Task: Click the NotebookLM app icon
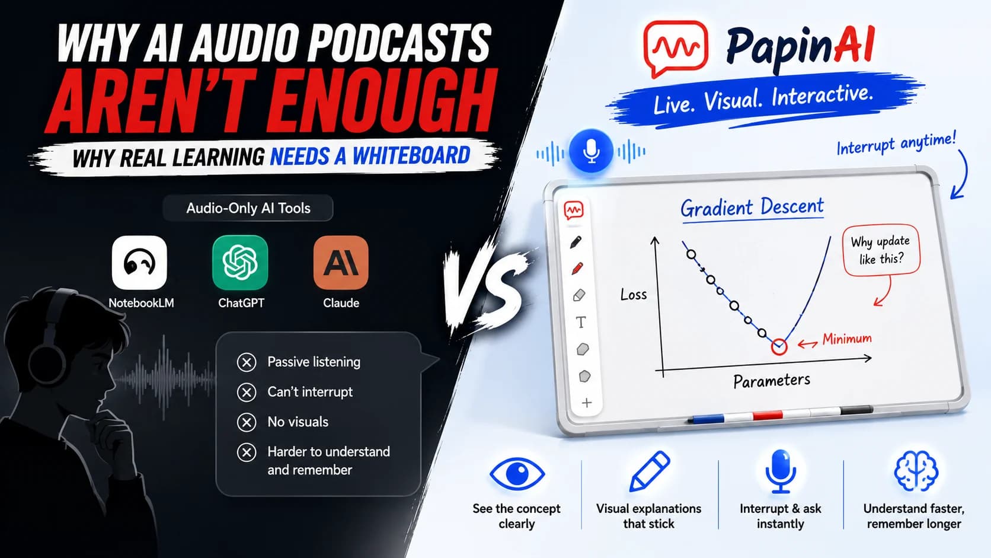tap(139, 263)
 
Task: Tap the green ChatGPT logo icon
tap(240, 263)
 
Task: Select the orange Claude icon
tap(341, 263)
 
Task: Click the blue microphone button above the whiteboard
tap(591, 151)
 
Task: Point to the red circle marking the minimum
tap(779, 347)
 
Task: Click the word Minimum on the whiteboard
tap(847, 339)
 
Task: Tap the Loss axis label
tap(634, 294)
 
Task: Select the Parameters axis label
tap(772, 381)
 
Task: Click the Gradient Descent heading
tap(752, 208)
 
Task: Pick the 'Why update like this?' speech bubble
tap(881, 250)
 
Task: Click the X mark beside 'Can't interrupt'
tap(247, 392)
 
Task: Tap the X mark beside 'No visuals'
tap(247, 422)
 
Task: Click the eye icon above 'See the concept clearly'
tap(517, 473)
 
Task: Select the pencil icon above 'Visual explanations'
tap(649, 471)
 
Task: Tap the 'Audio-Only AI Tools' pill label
tap(248, 208)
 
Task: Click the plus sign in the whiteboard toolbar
tap(587, 403)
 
